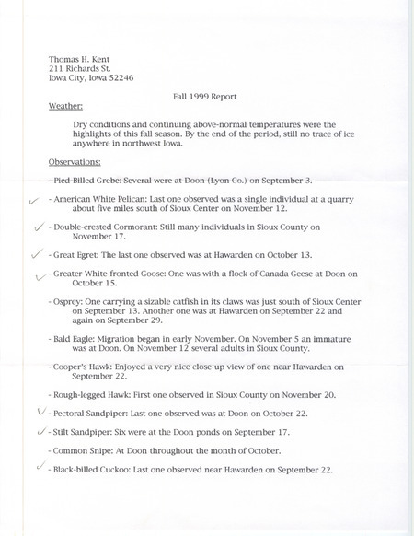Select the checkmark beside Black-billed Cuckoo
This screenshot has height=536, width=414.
(38, 468)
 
